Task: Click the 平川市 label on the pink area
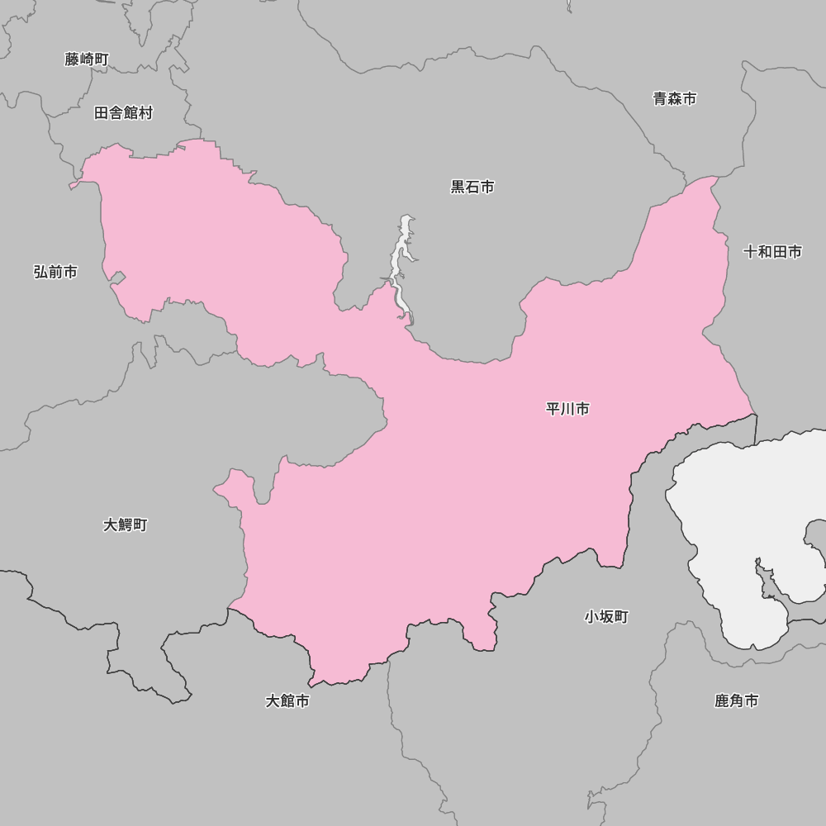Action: tap(567, 409)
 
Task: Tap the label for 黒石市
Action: tap(472, 188)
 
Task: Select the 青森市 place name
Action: tap(675, 99)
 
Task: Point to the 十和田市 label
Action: tap(772, 252)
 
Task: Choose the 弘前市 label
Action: tap(55, 272)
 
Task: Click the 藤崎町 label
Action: tap(87, 59)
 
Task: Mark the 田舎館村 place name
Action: tap(123, 113)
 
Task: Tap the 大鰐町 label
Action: tap(126, 525)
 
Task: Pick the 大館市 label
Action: tap(287, 701)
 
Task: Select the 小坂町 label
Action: tap(606, 617)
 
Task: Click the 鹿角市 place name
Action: tap(736, 701)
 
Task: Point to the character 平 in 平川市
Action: tap(553, 409)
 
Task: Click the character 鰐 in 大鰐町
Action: tap(126, 525)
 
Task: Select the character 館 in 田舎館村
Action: tap(131, 113)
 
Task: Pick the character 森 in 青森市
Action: tap(675, 99)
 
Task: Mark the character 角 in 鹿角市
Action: tap(736, 701)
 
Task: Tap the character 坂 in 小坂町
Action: tap(606, 617)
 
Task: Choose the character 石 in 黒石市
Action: tap(472, 188)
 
